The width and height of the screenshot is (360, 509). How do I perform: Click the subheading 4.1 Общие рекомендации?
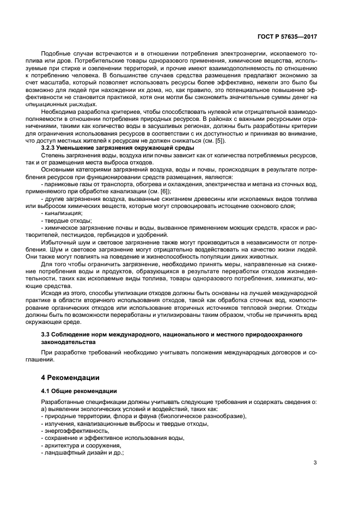point(80,390)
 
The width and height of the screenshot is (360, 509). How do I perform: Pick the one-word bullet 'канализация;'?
point(62,212)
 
